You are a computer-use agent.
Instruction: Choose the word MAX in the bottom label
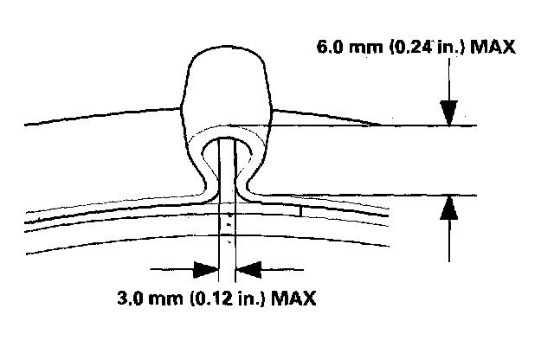tap(293, 299)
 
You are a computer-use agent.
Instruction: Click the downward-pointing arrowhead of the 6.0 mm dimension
tap(448, 113)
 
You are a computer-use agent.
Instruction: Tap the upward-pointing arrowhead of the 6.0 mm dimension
tap(448, 208)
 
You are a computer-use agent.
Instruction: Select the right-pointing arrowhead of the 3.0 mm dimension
tap(205, 269)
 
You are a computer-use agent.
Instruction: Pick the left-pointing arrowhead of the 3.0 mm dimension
tap(250, 269)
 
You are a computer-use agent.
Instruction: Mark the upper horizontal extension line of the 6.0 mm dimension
tap(415, 126)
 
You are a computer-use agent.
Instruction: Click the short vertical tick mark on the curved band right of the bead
tap(300, 209)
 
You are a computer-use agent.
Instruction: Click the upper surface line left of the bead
tap(95, 119)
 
